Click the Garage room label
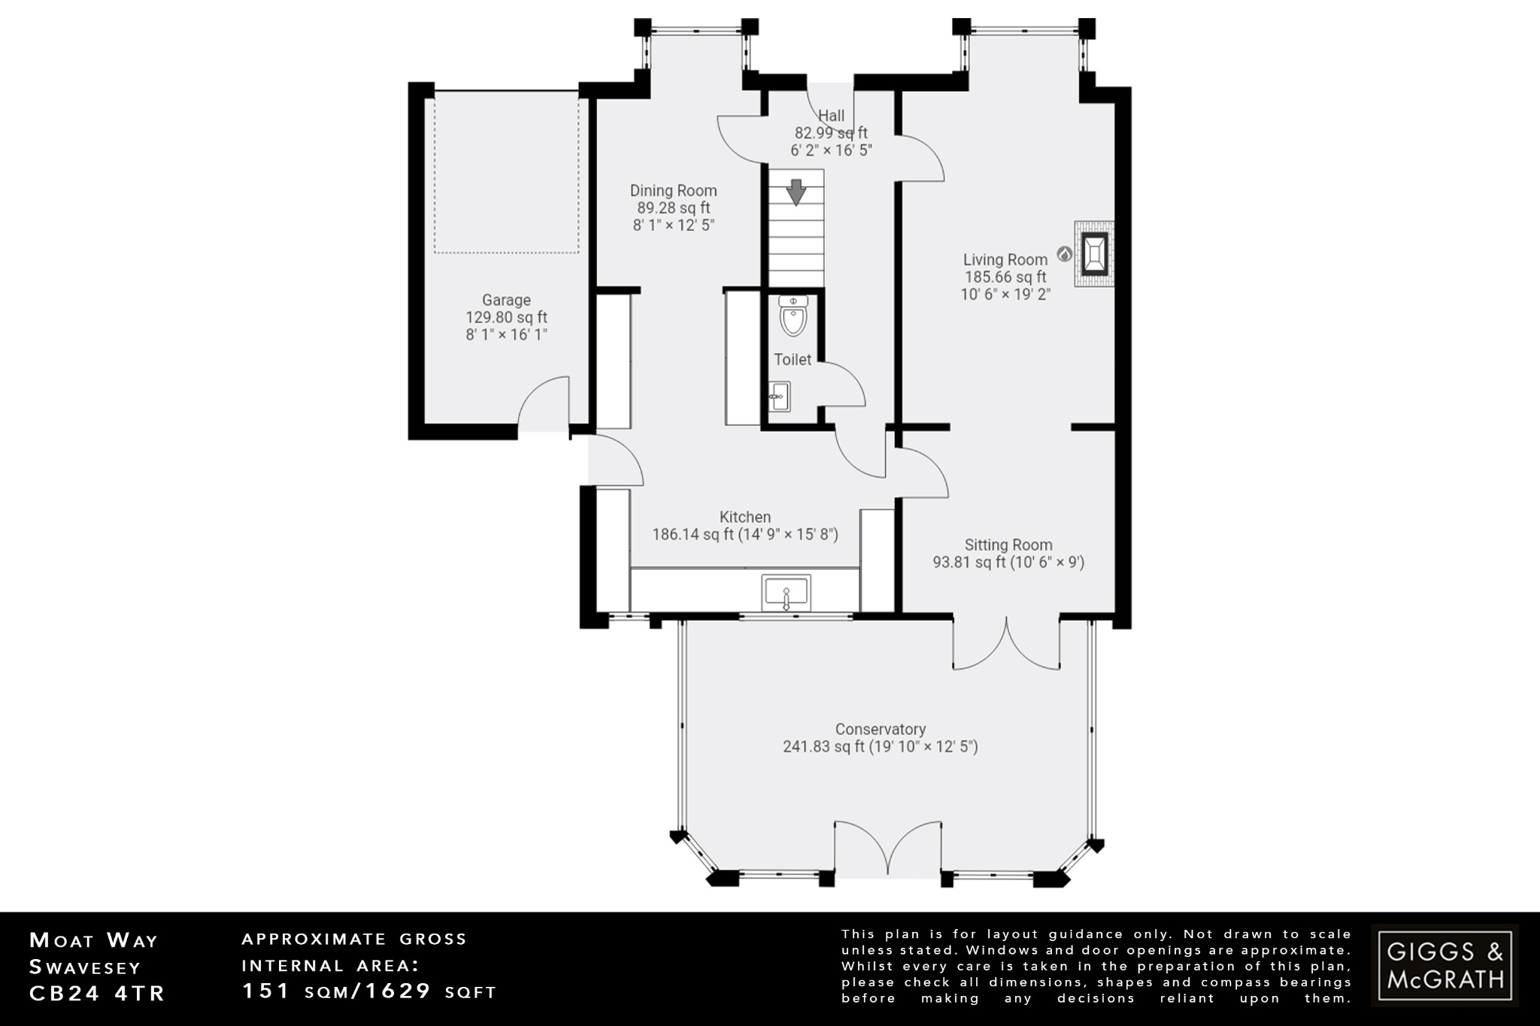point(506,300)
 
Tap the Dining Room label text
point(673,191)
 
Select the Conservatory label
point(880,729)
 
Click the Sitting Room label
point(1008,545)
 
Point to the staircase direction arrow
point(796,192)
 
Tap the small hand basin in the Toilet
point(780,395)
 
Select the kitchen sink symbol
point(786,593)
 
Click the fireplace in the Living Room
point(1094,255)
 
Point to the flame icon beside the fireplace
point(1063,254)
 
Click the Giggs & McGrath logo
point(1445,965)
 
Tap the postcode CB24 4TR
point(97,993)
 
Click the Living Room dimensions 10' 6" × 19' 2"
point(1005,295)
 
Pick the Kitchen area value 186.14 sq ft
point(693,535)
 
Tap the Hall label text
point(831,116)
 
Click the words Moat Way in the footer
point(94,940)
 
